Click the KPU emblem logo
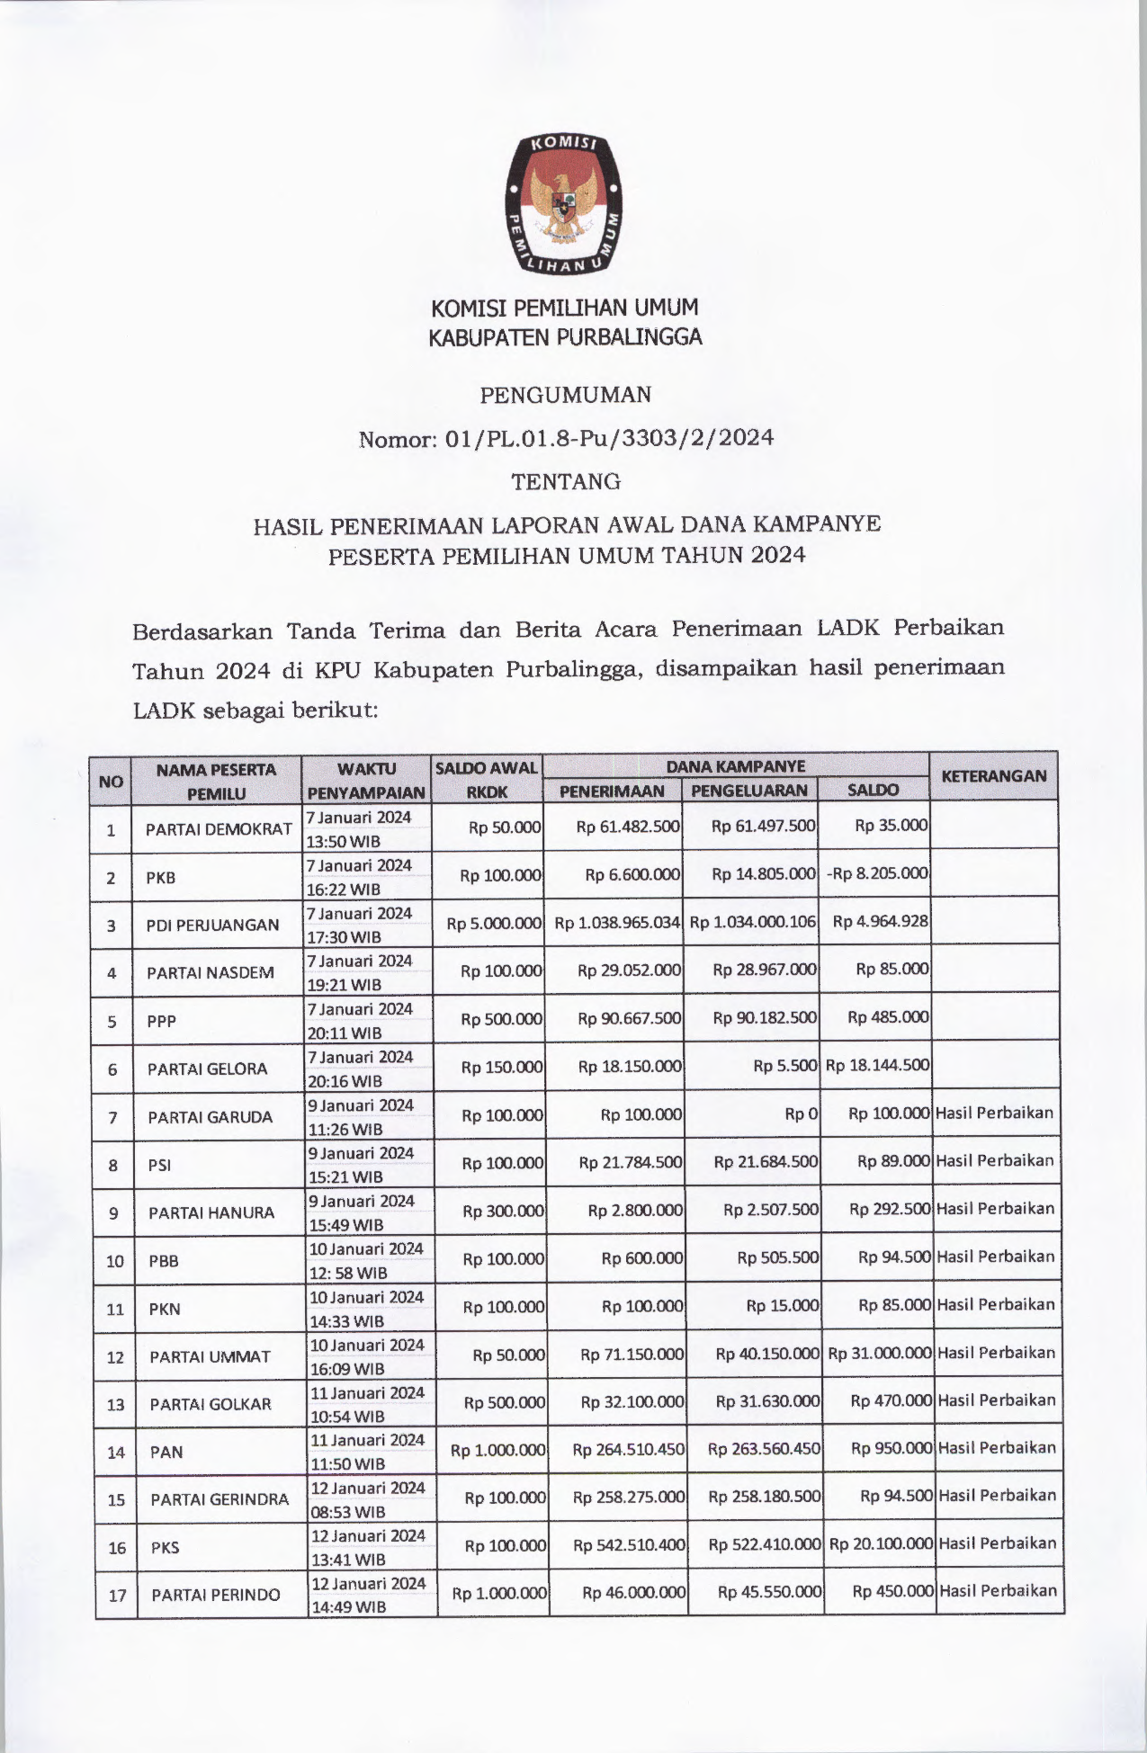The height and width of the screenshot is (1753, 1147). click(x=564, y=204)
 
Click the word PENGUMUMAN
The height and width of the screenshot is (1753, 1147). click(x=565, y=394)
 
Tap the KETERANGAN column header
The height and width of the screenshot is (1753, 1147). click(x=993, y=775)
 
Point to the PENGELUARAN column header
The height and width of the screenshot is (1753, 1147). click(x=750, y=791)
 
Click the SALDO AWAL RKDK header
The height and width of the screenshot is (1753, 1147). click(x=487, y=779)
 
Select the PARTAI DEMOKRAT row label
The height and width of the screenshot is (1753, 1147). click(x=219, y=828)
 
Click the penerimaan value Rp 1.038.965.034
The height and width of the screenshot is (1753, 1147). click(x=617, y=922)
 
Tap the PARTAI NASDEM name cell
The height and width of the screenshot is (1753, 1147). click(x=211, y=972)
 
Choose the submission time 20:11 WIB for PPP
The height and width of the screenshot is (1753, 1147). click(x=345, y=1033)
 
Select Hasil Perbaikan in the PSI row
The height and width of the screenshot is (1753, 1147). click(x=994, y=1160)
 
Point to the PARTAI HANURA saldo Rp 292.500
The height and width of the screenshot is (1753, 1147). click(x=890, y=1209)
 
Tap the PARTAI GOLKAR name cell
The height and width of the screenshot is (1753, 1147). click(x=211, y=1404)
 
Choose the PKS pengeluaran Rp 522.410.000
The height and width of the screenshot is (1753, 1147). click(x=765, y=1544)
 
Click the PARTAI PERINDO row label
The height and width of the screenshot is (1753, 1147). click(x=216, y=1595)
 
